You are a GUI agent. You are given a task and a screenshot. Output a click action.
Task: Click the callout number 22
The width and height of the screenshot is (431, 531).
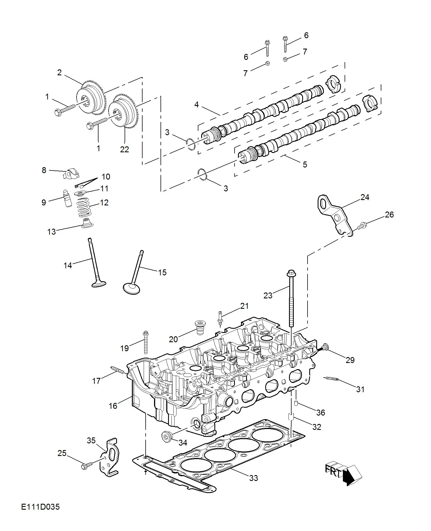click(124, 149)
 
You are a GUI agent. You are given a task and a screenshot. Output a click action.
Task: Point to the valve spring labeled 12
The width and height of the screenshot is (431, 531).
click(84, 207)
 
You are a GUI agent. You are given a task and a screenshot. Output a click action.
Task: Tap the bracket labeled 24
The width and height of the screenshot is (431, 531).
click(335, 215)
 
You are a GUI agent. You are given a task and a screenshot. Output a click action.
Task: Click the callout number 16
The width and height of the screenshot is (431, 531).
click(113, 406)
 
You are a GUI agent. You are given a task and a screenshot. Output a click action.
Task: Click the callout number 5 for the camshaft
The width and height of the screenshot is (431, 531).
click(305, 164)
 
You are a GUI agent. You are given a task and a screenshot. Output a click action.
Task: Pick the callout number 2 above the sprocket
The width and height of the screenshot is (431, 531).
click(59, 72)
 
